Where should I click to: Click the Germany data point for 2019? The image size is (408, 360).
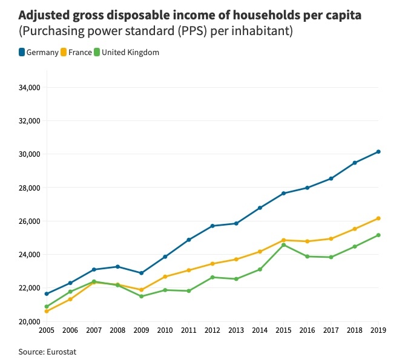click(378, 151)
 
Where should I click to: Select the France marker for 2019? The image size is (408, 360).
click(378, 218)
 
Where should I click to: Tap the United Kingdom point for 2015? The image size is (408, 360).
click(283, 245)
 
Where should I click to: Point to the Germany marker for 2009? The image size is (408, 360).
click(142, 273)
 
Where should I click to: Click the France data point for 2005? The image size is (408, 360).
click(47, 311)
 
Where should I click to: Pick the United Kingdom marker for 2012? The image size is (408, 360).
click(212, 277)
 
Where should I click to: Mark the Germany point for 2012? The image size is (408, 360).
click(212, 226)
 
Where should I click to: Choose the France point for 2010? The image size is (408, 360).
click(165, 277)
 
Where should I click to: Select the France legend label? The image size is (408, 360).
click(80, 53)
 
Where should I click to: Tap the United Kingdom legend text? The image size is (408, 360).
click(130, 53)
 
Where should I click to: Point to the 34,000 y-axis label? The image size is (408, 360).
click(29, 88)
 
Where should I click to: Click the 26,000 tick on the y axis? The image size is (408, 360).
click(29, 221)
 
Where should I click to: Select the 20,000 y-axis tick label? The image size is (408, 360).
click(29, 321)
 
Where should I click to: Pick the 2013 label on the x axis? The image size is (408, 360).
click(236, 331)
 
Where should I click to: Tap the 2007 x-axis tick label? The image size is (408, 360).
click(94, 331)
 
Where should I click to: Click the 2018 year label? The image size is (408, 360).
click(355, 331)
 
